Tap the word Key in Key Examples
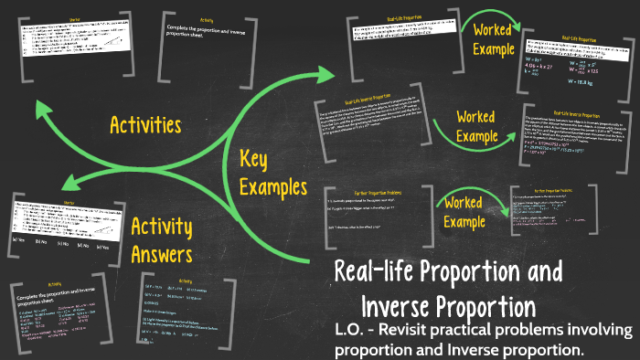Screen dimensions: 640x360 click(x=257, y=159)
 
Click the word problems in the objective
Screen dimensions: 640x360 click(x=549, y=330)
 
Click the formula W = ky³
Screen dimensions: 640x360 click(x=548, y=56)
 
